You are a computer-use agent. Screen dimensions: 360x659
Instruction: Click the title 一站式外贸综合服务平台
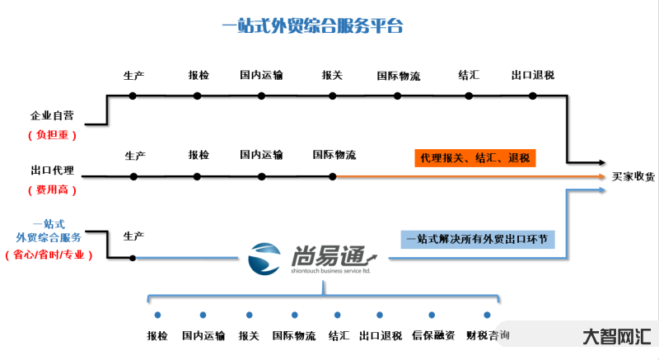[x=312, y=26]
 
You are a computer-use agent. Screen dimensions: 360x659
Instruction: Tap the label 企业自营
[x=51, y=115]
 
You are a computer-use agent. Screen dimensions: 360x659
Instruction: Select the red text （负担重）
[x=53, y=134]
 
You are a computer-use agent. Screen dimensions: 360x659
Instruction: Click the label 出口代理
[x=52, y=171]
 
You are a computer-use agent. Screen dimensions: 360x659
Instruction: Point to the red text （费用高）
[x=53, y=189]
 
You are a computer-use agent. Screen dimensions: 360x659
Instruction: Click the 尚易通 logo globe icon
[x=265, y=258]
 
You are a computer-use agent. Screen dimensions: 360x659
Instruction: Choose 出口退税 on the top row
[x=532, y=76]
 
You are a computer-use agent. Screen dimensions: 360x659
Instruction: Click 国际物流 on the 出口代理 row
[x=334, y=155]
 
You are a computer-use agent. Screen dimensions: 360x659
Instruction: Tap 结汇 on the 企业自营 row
[x=469, y=76]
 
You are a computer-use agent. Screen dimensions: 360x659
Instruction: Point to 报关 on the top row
[x=332, y=76]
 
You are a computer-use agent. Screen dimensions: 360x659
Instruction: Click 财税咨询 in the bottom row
[x=488, y=335]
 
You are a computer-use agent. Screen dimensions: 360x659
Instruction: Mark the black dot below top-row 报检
[x=198, y=96]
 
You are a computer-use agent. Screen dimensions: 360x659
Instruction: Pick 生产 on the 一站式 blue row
[x=133, y=236]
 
